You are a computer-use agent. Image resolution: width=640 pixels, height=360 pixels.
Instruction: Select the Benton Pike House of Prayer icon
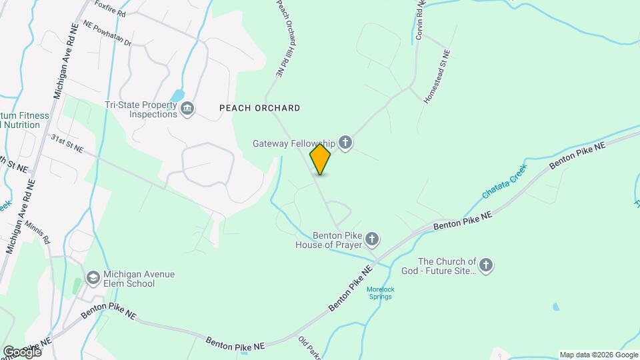click(373, 238)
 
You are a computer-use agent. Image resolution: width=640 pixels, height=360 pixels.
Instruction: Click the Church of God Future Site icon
click(486, 265)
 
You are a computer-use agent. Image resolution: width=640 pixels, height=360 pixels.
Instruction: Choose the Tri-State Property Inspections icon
click(188, 109)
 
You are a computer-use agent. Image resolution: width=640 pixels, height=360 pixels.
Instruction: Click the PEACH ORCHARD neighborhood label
click(259, 108)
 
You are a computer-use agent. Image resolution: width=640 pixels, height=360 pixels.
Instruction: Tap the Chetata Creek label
click(503, 181)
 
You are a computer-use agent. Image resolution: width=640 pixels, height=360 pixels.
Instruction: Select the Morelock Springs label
click(379, 293)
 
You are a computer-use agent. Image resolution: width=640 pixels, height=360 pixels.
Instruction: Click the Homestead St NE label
click(437, 77)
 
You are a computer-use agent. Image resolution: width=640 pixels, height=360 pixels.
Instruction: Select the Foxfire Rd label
click(111, 8)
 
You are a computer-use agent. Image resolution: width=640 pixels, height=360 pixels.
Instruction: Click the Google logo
click(21, 351)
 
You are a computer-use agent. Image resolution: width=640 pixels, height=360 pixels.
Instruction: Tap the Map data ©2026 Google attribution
click(597, 355)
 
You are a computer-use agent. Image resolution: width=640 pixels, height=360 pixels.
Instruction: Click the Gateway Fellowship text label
click(293, 143)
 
